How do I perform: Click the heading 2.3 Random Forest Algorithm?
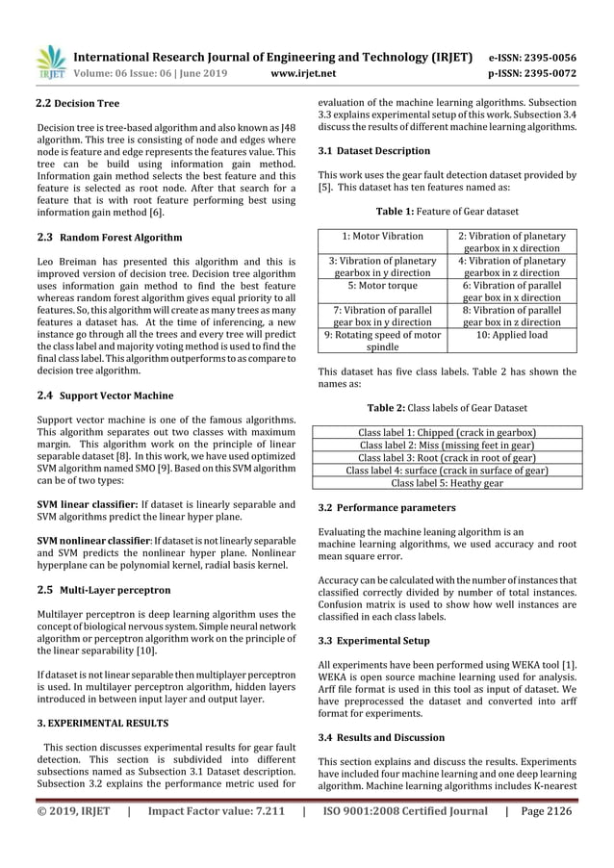pyautogui.click(x=108, y=237)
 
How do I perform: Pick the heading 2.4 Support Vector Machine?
pyautogui.click(x=104, y=395)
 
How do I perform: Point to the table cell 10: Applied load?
pyautogui.click(x=511, y=336)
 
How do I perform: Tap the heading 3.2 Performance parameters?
pyautogui.click(x=381, y=506)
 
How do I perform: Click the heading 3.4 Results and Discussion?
pyautogui.click(x=381, y=737)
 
